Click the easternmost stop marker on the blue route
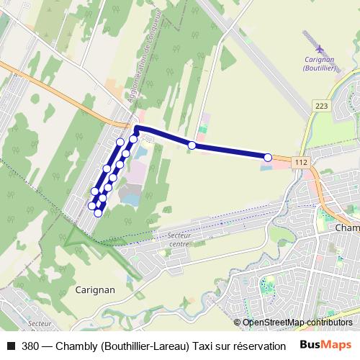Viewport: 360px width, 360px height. (268, 157)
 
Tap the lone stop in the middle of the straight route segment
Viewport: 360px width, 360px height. (192, 145)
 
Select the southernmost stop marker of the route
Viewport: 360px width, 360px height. (98, 212)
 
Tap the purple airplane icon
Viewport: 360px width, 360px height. (319, 48)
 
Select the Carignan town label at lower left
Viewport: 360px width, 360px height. (95, 290)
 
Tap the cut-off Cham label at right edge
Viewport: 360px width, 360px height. (347, 228)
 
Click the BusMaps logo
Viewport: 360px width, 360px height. (325, 345)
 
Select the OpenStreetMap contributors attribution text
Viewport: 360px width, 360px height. (297, 323)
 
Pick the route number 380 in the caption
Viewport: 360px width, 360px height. (31, 346)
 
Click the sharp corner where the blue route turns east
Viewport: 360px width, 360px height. (137, 128)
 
